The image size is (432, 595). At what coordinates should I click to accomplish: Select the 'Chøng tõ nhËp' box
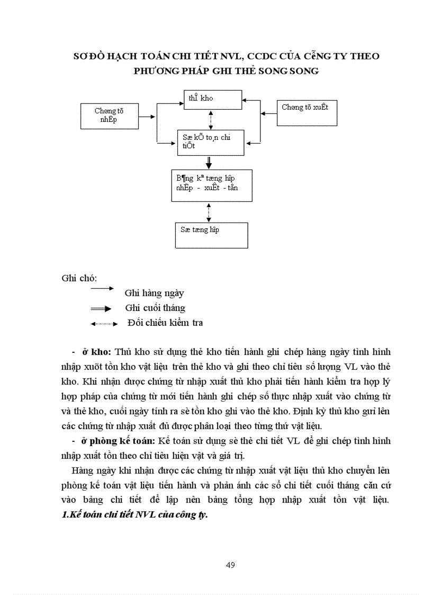pyautogui.click(x=109, y=116)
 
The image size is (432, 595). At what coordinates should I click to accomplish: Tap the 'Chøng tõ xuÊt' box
pyautogui.click(x=307, y=112)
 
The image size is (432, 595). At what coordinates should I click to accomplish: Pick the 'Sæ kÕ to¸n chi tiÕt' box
pyautogui.click(x=210, y=142)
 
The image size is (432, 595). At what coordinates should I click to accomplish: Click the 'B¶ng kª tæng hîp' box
pyautogui.click(x=211, y=185)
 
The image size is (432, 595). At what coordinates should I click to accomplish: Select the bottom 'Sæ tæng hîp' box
pyautogui.click(x=211, y=235)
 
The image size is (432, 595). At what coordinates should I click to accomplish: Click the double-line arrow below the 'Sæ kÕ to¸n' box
pyautogui.click(x=210, y=162)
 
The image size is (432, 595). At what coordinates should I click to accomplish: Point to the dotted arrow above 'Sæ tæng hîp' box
pyautogui.click(x=210, y=211)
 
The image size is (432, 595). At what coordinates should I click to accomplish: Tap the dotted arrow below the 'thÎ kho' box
pyautogui.click(x=211, y=120)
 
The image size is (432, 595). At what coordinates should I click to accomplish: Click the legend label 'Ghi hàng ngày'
pyautogui.click(x=154, y=293)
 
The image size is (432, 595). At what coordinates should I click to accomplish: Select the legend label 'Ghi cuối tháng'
pyautogui.click(x=155, y=308)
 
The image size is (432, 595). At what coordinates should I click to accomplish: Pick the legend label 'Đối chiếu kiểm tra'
pyautogui.click(x=165, y=323)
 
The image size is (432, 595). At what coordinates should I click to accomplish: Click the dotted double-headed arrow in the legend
pyautogui.click(x=104, y=323)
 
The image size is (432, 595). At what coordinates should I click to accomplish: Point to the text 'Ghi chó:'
pyautogui.click(x=75, y=278)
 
